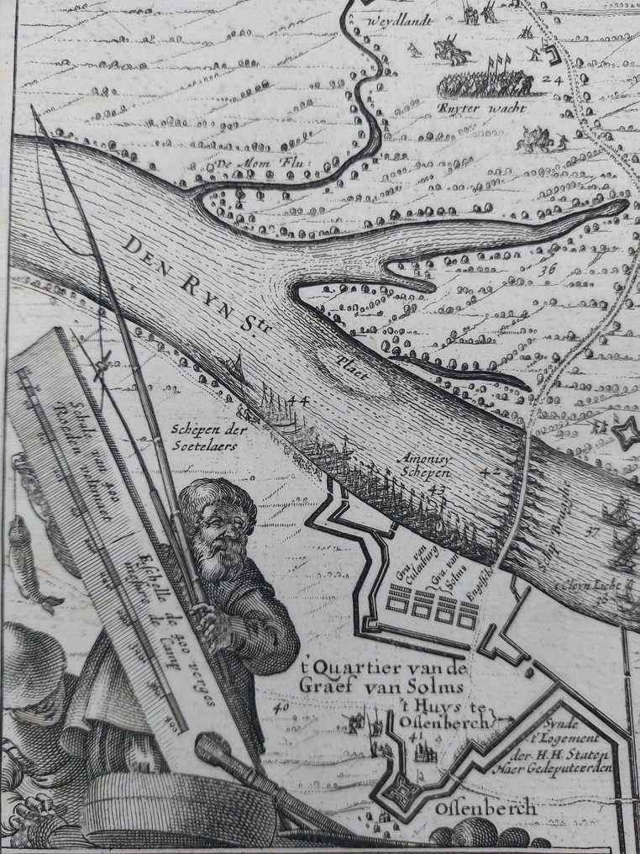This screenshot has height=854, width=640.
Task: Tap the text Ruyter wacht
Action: (x=481, y=108)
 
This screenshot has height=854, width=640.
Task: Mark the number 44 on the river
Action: (x=297, y=402)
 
